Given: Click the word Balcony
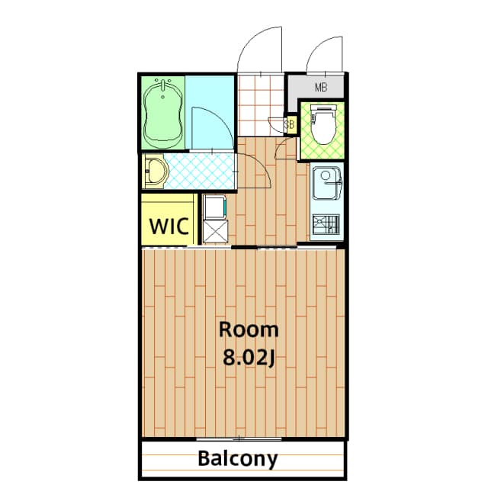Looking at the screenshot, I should click(x=238, y=459).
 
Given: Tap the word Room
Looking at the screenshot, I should click(x=249, y=330).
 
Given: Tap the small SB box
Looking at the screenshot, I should click(x=290, y=123).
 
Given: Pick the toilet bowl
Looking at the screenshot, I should click(x=323, y=124).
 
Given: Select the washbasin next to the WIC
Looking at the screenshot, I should click(x=156, y=172).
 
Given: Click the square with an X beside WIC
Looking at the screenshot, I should click(x=215, y=232).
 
